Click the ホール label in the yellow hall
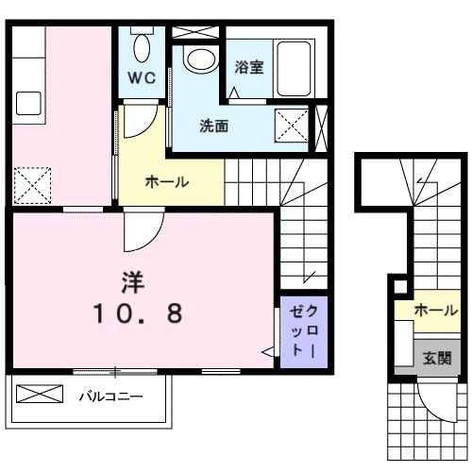pos(167,182)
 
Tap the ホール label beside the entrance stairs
pos(435,310)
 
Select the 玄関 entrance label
pos(436,359)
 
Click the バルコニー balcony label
pos(111,396)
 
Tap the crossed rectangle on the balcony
pos(43,395)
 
